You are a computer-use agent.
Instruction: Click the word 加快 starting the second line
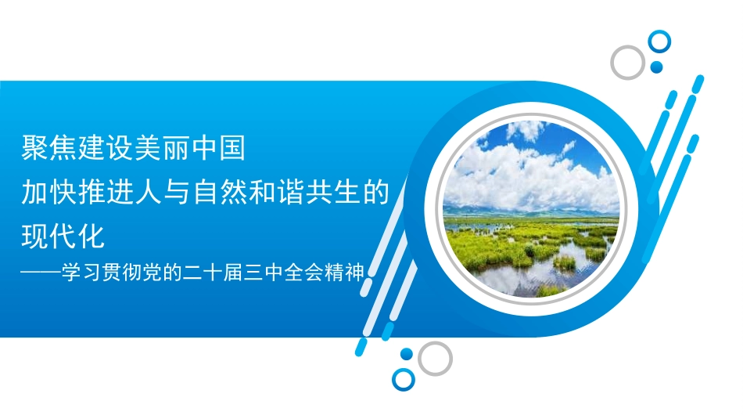pos(46,192)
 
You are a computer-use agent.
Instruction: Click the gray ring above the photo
pos(627,62)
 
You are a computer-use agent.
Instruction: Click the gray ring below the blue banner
pos(435,358)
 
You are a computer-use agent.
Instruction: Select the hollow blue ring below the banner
pos(403,380)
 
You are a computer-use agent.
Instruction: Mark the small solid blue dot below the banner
pos(406,354)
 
